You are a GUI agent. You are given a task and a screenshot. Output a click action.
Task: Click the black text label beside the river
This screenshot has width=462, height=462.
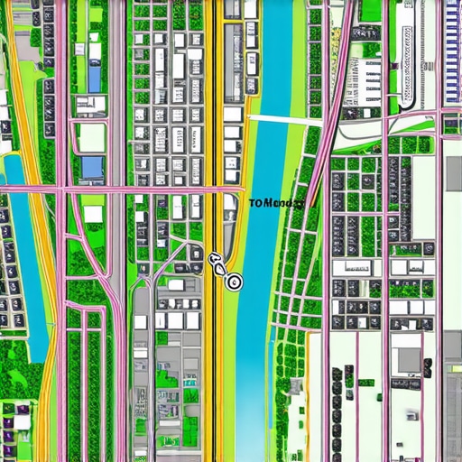(276, 204)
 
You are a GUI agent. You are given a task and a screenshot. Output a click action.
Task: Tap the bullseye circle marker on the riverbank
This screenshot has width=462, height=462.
(234, 282)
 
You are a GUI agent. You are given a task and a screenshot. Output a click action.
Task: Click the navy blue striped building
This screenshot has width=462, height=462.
(453, 50)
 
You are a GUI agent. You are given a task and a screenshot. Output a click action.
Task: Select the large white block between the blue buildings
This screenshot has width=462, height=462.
(91, 138)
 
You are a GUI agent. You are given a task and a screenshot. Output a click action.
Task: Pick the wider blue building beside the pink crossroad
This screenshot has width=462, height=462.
(92, 167)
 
